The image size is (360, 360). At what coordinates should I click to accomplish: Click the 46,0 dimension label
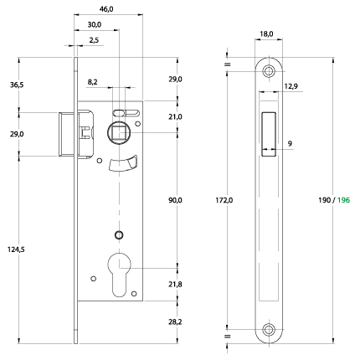pos(106,9)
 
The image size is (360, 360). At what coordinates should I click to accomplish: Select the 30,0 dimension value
pos(95,24)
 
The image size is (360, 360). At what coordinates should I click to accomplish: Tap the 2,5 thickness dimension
pos(94,40)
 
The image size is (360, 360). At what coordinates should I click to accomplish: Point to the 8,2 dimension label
pos(92,82)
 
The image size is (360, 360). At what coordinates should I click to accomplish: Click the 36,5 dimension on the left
pos(17,85)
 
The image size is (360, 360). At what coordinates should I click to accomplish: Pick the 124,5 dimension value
pos(16,249)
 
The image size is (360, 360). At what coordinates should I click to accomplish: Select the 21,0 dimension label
pos(175,116)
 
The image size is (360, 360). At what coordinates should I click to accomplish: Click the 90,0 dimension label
pos(175,200)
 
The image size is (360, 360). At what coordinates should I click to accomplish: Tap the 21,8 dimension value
pos(175,285)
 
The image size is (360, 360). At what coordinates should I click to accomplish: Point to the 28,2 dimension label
pos(175,321)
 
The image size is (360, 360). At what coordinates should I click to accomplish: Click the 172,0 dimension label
pos(224,200)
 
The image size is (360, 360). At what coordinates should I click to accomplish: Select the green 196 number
pos(343,200)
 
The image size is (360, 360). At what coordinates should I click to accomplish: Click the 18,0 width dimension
pos(266,34)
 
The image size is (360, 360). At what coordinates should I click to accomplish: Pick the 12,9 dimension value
pos(291,86)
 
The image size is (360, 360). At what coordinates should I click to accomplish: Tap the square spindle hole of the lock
pos(119,132)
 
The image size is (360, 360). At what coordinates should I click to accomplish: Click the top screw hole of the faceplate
pos(269,71)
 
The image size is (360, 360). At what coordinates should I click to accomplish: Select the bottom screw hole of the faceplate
pos(269,330)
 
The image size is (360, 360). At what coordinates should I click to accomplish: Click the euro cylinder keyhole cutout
pos(119,275)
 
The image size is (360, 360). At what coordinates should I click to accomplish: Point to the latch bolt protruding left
pos(66,134)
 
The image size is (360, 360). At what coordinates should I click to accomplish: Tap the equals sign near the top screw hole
pos(228,64)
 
